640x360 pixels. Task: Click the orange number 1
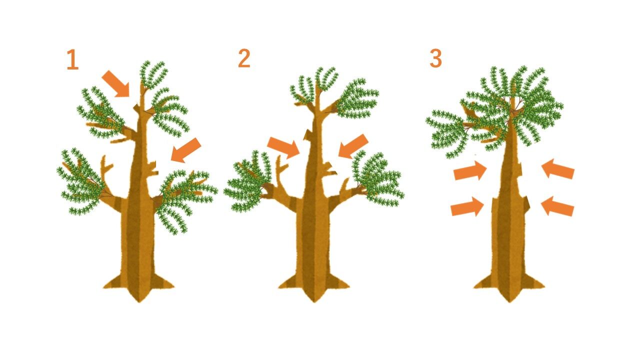point(72,59)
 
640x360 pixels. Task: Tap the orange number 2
point(244,58)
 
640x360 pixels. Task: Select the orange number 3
point(435,58)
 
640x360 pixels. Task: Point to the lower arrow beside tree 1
point(185,150)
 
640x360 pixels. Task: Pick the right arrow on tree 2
point(353,146)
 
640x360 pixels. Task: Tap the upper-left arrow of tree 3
point(470,170)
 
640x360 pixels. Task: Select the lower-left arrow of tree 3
point(467,206)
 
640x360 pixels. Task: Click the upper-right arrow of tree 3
point(558,169)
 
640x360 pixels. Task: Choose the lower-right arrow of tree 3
point(557,206)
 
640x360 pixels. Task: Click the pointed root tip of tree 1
point(139,301)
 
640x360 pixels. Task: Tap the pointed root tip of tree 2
point(313,301)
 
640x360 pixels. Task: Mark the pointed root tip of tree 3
point(509,301)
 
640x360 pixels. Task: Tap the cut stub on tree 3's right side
point(527,203)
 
